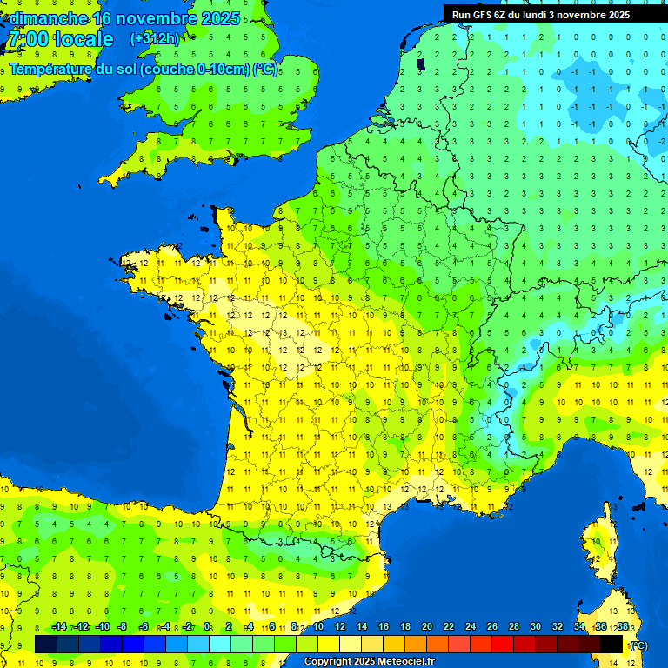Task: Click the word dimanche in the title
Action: [x=48, y=18]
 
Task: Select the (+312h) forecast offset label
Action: [x=155, y=39]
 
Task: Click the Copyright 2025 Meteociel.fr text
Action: [x=369, y=661]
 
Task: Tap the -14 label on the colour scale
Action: [x=59, y=627]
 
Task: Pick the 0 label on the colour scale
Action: [x=207, y=627]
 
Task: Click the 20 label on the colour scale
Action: [x=427, y=627]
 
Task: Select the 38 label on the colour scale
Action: [x=623, y=627]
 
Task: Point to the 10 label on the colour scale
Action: [x=318, y=627]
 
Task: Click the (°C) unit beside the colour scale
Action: [x=638, y=645]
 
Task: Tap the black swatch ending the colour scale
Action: [x=612, y=644]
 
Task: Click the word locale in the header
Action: [x=83, y=40]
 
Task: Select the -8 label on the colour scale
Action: [x=122, y=627]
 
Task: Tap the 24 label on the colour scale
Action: [x=471, y=627]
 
